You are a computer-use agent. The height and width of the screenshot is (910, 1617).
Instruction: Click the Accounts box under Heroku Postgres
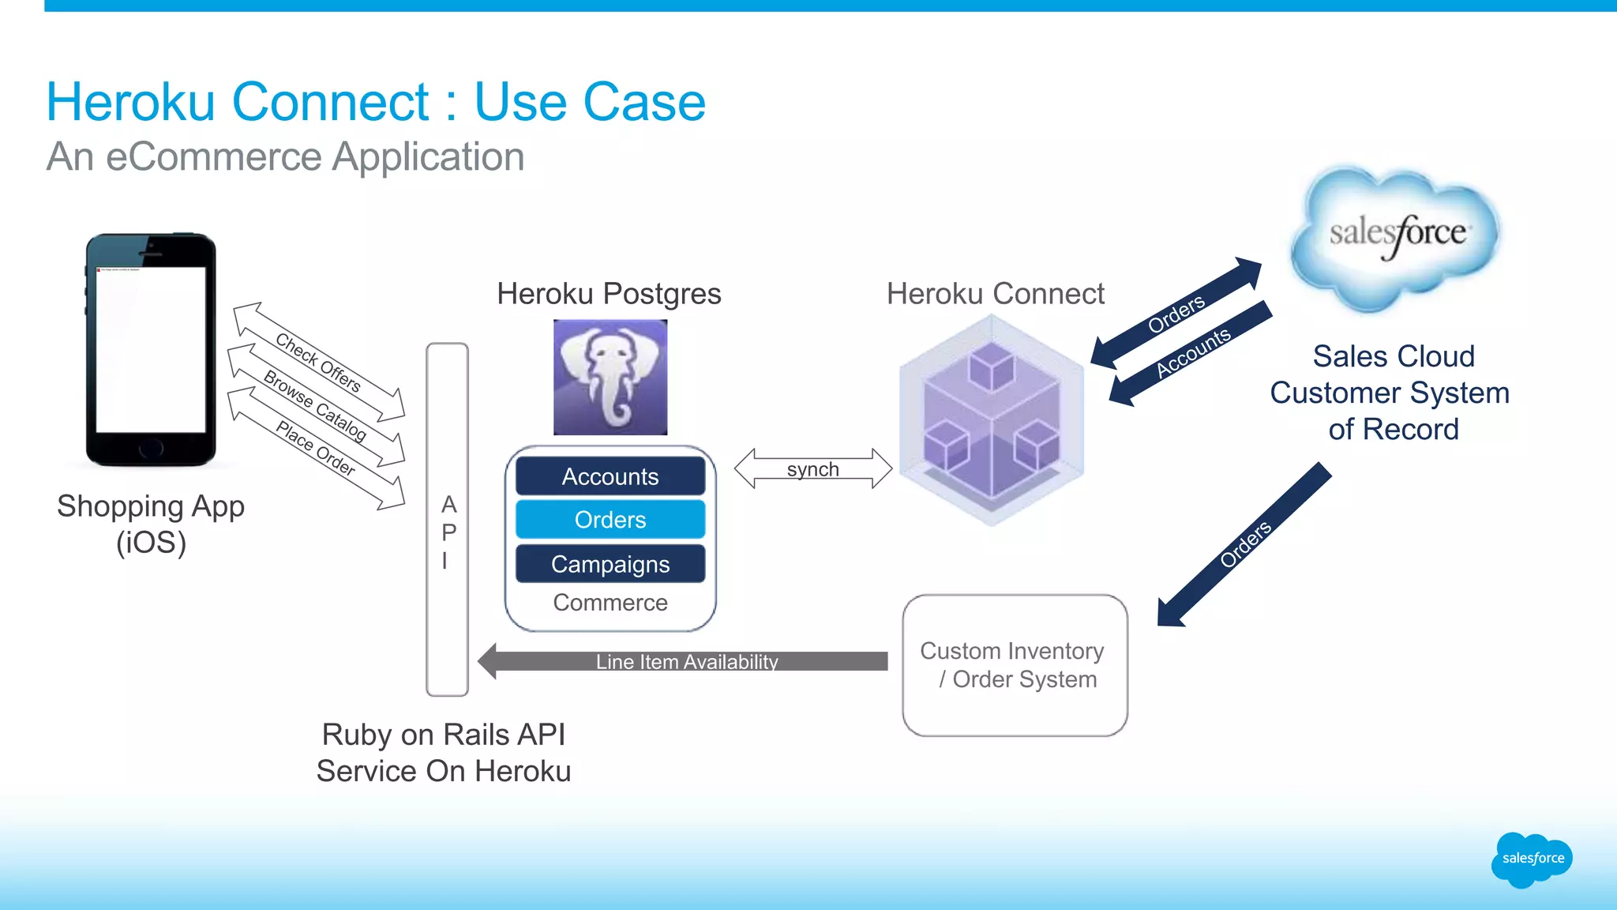[x=610, y=476]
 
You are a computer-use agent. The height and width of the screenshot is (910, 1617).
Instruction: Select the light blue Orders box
[x=610, y=520]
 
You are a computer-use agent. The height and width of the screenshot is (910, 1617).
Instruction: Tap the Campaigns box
[x=610, y=564]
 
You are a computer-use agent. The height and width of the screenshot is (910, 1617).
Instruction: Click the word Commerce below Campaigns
[x=610, y=603]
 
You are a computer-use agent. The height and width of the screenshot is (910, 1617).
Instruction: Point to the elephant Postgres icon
[x=610, y=377]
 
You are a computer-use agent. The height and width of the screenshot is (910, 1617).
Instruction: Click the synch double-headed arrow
[x=812, y=469]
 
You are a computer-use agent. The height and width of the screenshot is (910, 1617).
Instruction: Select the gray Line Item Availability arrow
[x=685, y=661]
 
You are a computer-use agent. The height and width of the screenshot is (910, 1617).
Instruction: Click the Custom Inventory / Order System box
[x=1014, y=665]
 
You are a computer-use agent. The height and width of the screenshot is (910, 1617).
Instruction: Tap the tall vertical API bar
[x=447, y=519]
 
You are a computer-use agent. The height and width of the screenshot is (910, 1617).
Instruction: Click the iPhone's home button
[x=150, y=449]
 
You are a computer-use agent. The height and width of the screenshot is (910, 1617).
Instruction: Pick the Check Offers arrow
[x=318, y=363]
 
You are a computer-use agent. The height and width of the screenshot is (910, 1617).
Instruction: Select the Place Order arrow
[x=315, y=448]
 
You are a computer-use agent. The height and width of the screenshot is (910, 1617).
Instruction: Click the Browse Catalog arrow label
[x=315, y=405]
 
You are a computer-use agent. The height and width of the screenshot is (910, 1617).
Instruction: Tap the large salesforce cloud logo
[x=1396, y=235]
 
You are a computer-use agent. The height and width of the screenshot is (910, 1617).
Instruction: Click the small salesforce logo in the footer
[x=1531, y=859]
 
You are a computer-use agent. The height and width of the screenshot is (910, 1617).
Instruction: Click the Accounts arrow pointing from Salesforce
[x=1191, y=353]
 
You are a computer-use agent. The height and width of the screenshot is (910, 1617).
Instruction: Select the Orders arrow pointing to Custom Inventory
[x=1244, y=544]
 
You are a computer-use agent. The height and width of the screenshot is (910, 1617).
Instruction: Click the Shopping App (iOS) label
[x=150, y=524]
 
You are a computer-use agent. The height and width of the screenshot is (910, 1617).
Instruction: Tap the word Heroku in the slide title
[x=130, y=102]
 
